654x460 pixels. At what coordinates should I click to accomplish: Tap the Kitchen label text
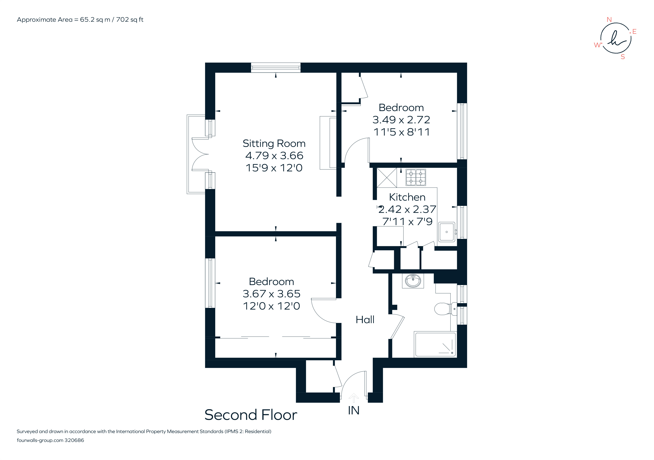click(x=407, y=197)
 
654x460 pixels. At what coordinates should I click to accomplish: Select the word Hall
click(x=365, y=320)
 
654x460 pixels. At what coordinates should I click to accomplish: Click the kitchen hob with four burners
click(x=416, y=177)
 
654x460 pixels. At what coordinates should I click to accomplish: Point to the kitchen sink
click(x=446, y=232)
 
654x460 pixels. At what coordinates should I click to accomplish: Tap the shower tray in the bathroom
click(x=435, y=344)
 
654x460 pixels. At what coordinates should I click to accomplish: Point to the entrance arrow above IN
click(x=354, y=398)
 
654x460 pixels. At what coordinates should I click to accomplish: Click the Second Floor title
click(x=251, y=415)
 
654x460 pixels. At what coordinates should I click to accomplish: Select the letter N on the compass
click(x=609, y=20)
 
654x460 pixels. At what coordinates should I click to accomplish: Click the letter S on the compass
click(x=623, y=57)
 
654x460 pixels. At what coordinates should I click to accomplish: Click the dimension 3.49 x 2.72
click(x=401, y=120)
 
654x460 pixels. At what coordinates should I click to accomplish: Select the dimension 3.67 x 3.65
click(x=271, y=294)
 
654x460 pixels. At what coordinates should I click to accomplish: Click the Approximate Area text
click(x=80, y=20)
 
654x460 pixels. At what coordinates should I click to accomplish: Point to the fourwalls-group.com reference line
click(x=50, y=440)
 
